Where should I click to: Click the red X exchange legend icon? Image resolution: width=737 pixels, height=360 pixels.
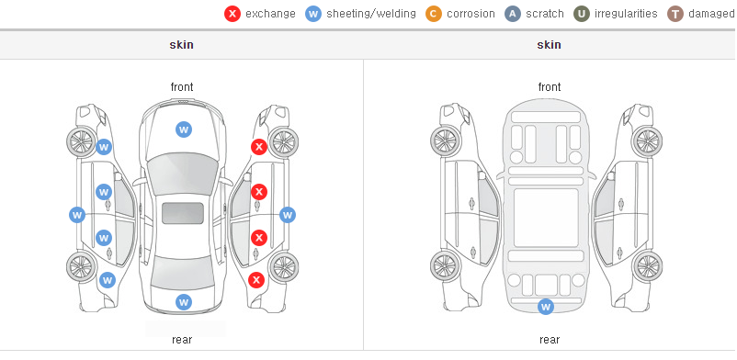pos(232,14)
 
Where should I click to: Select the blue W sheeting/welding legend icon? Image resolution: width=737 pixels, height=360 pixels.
pos(313,14)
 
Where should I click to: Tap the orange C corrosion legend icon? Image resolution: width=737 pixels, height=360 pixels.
pos(434,14)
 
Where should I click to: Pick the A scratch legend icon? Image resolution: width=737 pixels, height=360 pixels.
pos(513,14)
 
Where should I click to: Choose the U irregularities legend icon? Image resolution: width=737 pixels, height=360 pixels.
pos(582,14)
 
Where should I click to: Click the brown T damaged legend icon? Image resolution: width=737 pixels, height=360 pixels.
pos(675,14)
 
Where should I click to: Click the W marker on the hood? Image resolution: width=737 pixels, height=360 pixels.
pos(184,129)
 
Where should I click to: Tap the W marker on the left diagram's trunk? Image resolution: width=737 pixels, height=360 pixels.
pos(184,302)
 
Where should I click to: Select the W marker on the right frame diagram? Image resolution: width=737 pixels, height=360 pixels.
pos(546,307)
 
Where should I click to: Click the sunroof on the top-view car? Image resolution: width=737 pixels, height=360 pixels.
pos(183,213)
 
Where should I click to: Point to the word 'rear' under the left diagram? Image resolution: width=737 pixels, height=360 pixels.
pos(182,340)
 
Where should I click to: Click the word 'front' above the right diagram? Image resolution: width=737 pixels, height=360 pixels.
pos(550,87)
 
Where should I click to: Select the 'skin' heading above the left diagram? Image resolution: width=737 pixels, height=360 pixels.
pos(181,45)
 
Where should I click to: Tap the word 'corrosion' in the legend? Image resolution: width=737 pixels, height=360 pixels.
pos(471,14)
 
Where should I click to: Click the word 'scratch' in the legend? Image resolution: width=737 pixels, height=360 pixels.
pos(545,14)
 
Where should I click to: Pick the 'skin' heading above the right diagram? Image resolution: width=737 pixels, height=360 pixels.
pos(549,45)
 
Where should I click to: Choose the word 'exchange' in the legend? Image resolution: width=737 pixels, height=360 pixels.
pos(270,14)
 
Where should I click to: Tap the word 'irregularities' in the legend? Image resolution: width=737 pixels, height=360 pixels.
pos(626,14)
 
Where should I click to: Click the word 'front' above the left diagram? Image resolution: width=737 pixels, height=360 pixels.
pos(182,87)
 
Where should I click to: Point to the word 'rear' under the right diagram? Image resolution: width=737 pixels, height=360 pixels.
pos(550,340)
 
